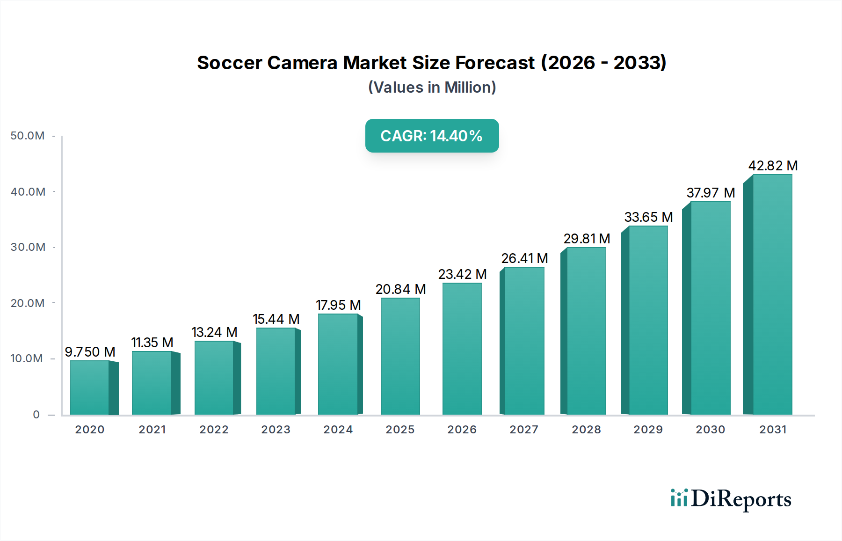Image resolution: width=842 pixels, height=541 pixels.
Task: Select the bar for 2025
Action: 400,356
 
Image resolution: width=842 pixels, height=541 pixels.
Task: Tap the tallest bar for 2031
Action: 772,294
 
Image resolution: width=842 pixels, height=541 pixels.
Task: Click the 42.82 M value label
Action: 773,166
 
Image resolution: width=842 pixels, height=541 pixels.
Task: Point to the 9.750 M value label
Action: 90,352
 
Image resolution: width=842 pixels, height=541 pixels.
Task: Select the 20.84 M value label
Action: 400,289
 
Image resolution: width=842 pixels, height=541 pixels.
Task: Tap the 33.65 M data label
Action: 648,217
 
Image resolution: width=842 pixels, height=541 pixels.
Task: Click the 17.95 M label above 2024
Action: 338,305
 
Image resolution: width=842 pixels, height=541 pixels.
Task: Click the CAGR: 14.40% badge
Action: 432,136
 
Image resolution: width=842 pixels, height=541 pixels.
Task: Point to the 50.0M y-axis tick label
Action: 28,136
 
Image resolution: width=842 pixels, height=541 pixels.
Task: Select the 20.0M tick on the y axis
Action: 28,303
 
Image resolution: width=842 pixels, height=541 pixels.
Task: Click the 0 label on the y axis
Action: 36,415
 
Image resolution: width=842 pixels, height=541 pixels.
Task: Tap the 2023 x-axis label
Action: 276,430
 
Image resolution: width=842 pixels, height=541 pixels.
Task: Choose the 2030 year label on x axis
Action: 710,430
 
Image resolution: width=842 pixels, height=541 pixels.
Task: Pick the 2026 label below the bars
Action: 462,430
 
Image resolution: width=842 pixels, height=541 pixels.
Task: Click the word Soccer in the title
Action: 229,63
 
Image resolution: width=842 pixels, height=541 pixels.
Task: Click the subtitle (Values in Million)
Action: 432,88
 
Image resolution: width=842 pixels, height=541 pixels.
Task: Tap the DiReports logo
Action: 731,499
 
